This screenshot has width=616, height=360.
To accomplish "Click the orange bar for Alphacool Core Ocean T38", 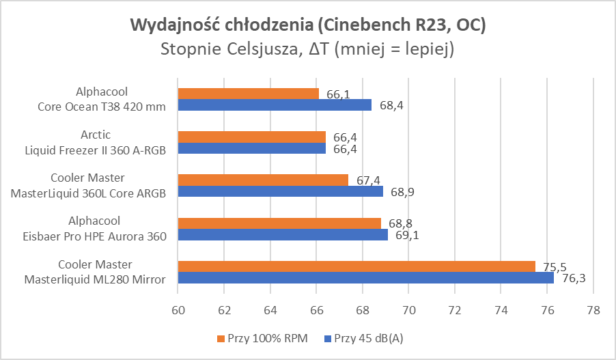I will [x=248, y=94].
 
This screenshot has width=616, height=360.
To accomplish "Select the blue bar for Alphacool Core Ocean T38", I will [x=275, y=105].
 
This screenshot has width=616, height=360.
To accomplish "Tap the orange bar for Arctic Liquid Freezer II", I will [x=251, y=137].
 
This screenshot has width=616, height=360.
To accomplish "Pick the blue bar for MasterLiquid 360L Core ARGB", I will [x=280, y=191].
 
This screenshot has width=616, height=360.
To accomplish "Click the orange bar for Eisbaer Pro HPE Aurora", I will [x=279, y=223].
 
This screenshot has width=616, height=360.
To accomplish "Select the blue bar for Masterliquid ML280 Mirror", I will [x=365, y=278].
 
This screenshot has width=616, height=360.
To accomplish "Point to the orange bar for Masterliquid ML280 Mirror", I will [x=356, y=266].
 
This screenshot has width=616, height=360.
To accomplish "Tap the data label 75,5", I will [x=555, y=266].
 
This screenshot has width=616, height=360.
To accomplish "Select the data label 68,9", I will [x=403, y=192].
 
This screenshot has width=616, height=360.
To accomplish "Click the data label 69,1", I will [x=408, y=235].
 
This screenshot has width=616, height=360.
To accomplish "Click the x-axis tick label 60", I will [x=178, y=309].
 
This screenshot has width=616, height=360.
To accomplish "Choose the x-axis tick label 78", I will [x=593, y=309].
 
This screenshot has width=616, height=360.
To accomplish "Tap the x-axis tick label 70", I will [x=408, y=309].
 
